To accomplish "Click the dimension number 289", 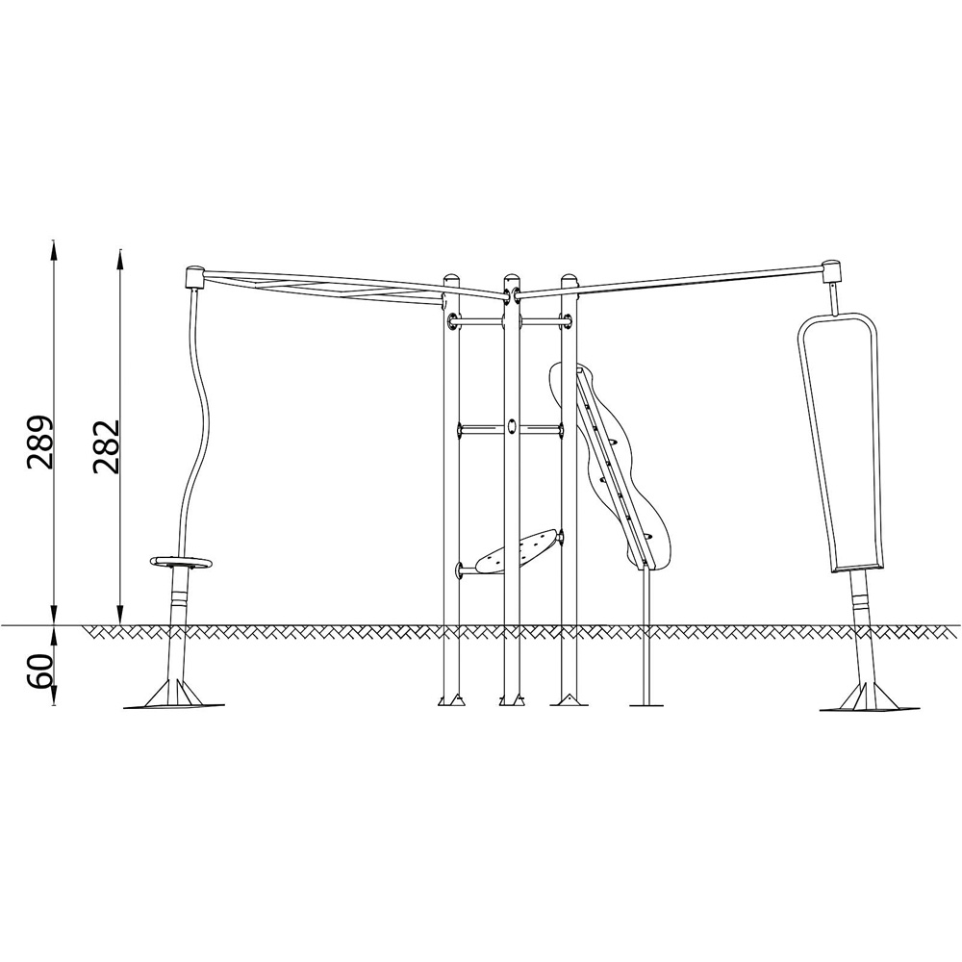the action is pos(39,443).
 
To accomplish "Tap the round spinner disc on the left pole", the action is pos(181,562).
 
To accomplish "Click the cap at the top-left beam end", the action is pos(194,277).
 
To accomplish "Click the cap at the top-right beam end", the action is pos(832,270).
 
